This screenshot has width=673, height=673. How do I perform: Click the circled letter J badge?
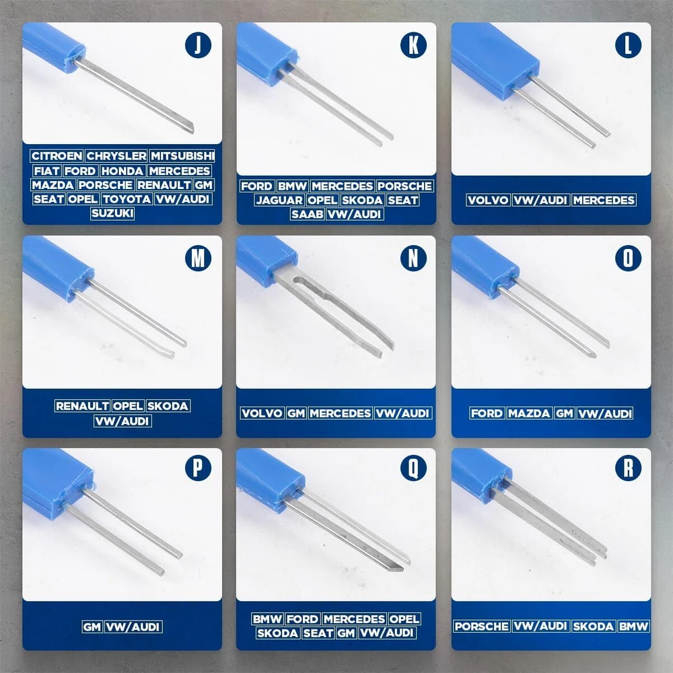point(198,44)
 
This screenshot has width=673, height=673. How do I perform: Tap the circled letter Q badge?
point(413,468)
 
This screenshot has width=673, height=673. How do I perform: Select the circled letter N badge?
point(413,258)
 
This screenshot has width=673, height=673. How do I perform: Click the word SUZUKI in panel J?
point(112,213)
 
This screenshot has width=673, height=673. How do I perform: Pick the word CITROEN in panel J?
point(57,156)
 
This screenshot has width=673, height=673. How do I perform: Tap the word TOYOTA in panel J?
point(127,199)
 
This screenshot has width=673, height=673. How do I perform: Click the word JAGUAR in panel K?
point(279,200)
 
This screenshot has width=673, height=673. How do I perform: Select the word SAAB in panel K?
point(307,214)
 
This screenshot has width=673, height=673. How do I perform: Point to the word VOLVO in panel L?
point(488,200)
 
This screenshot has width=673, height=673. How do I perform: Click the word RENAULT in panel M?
point(82,406)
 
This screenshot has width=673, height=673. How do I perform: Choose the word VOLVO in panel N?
point(262,413)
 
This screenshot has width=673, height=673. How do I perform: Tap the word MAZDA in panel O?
point(529,413)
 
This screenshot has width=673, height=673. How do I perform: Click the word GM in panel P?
point(92,627)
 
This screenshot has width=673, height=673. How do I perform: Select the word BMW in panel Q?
point(267,619)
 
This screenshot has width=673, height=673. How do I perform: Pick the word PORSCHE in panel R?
point(482,626)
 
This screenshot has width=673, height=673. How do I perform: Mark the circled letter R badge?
point(629,468)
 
